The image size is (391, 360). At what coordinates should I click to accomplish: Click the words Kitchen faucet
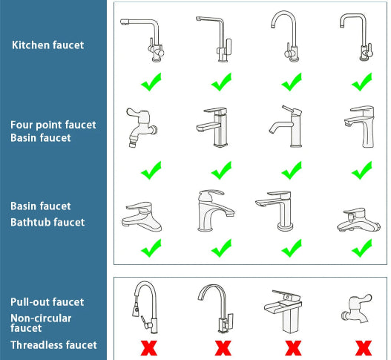click(x=48, y=45)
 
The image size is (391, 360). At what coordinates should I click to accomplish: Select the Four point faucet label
click(x=53, y=125)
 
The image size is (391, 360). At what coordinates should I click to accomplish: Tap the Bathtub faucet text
click(x=47, y=222)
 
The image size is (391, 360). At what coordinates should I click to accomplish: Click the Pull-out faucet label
click(x=47, y=302)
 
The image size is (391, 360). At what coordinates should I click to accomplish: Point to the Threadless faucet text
click(x=53, y=345)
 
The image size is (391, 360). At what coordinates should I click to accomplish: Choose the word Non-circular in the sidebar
click(x=41, y=318)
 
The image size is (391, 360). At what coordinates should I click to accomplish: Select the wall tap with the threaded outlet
click(x=141, y=128)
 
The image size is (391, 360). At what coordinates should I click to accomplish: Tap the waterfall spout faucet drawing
click(x=283, y=311)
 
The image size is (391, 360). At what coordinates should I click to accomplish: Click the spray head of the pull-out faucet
click(x=136, y=310)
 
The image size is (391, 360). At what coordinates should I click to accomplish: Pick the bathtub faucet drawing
click(x=358, y=220)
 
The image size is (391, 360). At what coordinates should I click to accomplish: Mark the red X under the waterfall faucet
click(x=293, y=348)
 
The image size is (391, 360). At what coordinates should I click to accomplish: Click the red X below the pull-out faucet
click(x=149, y=348)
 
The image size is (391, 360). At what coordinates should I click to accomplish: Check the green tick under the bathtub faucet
click(x=362, y=248)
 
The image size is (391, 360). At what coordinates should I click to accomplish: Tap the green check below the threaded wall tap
click(x=151, y=171)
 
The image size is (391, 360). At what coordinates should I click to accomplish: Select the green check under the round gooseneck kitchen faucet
click(x=292, y=82)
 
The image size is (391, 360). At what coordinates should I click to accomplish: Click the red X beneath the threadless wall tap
click(x=364, y=348)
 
